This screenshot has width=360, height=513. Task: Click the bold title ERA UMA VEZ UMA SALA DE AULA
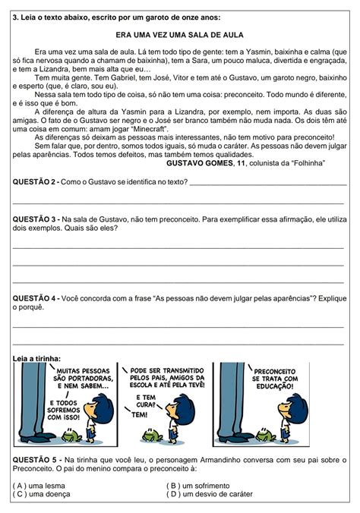click(x=180, y=35)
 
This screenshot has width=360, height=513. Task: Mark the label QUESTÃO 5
click(x=36, y=459)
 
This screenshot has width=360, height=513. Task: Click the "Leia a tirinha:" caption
click(x=37, y=358)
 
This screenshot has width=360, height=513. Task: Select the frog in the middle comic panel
click(x=153, y=436)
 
